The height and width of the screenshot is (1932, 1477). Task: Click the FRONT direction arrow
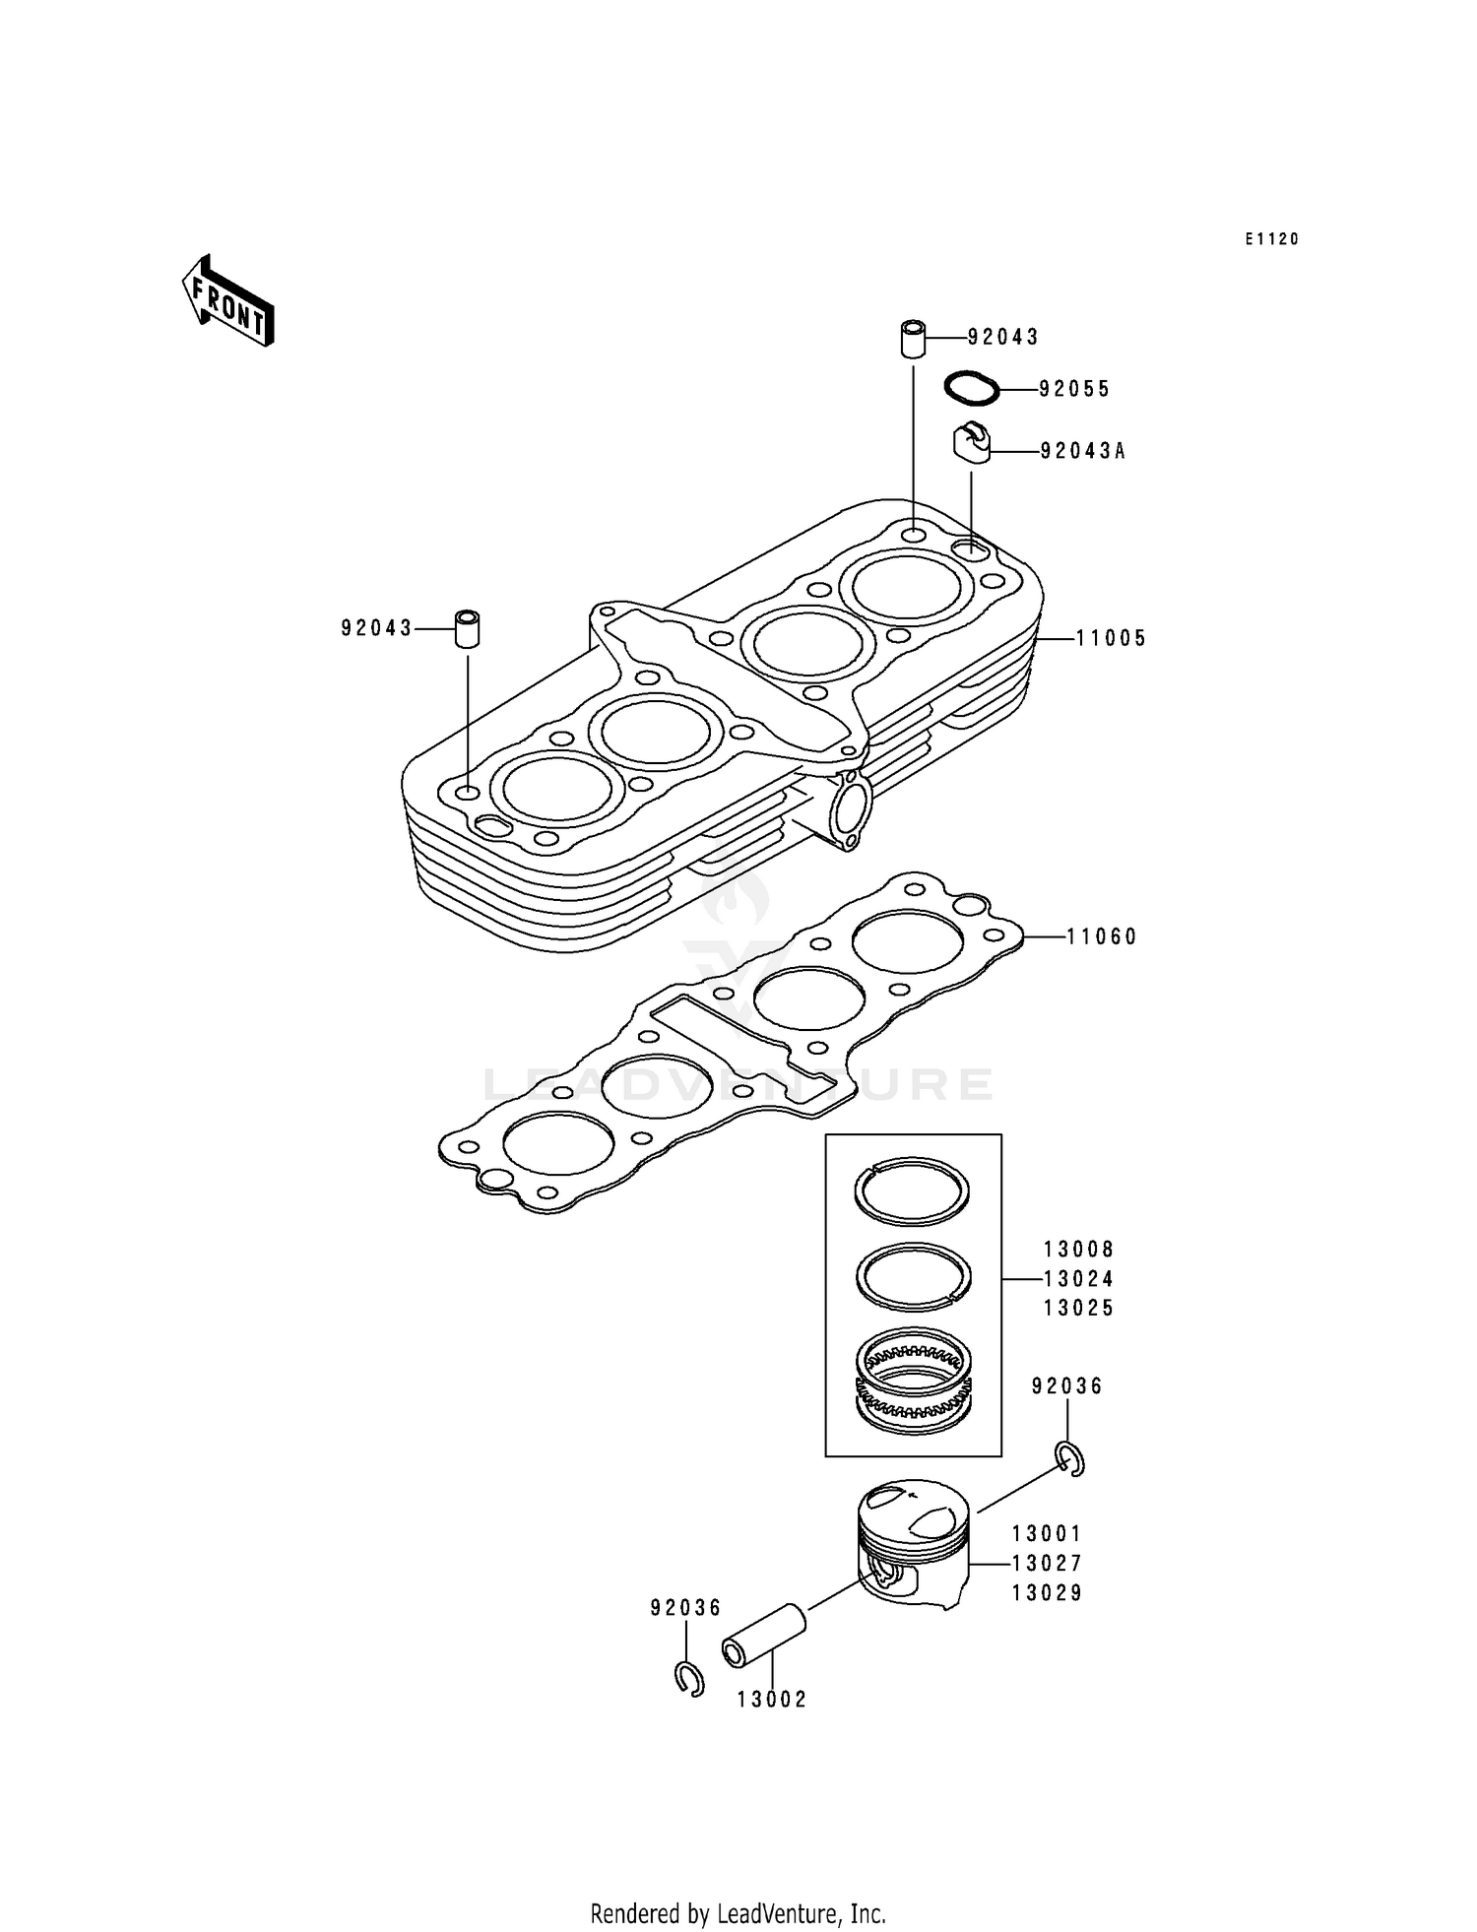227,301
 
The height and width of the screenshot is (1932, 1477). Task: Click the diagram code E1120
1271,239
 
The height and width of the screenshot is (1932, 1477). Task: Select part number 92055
1074,390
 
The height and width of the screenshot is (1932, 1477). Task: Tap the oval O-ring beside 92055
972,387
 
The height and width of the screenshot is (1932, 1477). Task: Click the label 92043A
1082,452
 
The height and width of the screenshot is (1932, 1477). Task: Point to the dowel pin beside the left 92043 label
468,628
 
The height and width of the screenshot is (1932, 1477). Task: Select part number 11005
1111,639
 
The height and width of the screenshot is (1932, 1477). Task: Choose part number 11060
1102,937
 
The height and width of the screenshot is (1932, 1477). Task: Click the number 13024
1079,1279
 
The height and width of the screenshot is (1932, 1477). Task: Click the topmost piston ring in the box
912,1191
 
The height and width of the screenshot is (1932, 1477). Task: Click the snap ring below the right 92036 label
1070,1458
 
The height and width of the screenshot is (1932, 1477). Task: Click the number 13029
1048,1593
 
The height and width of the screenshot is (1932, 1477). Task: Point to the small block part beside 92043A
971,441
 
